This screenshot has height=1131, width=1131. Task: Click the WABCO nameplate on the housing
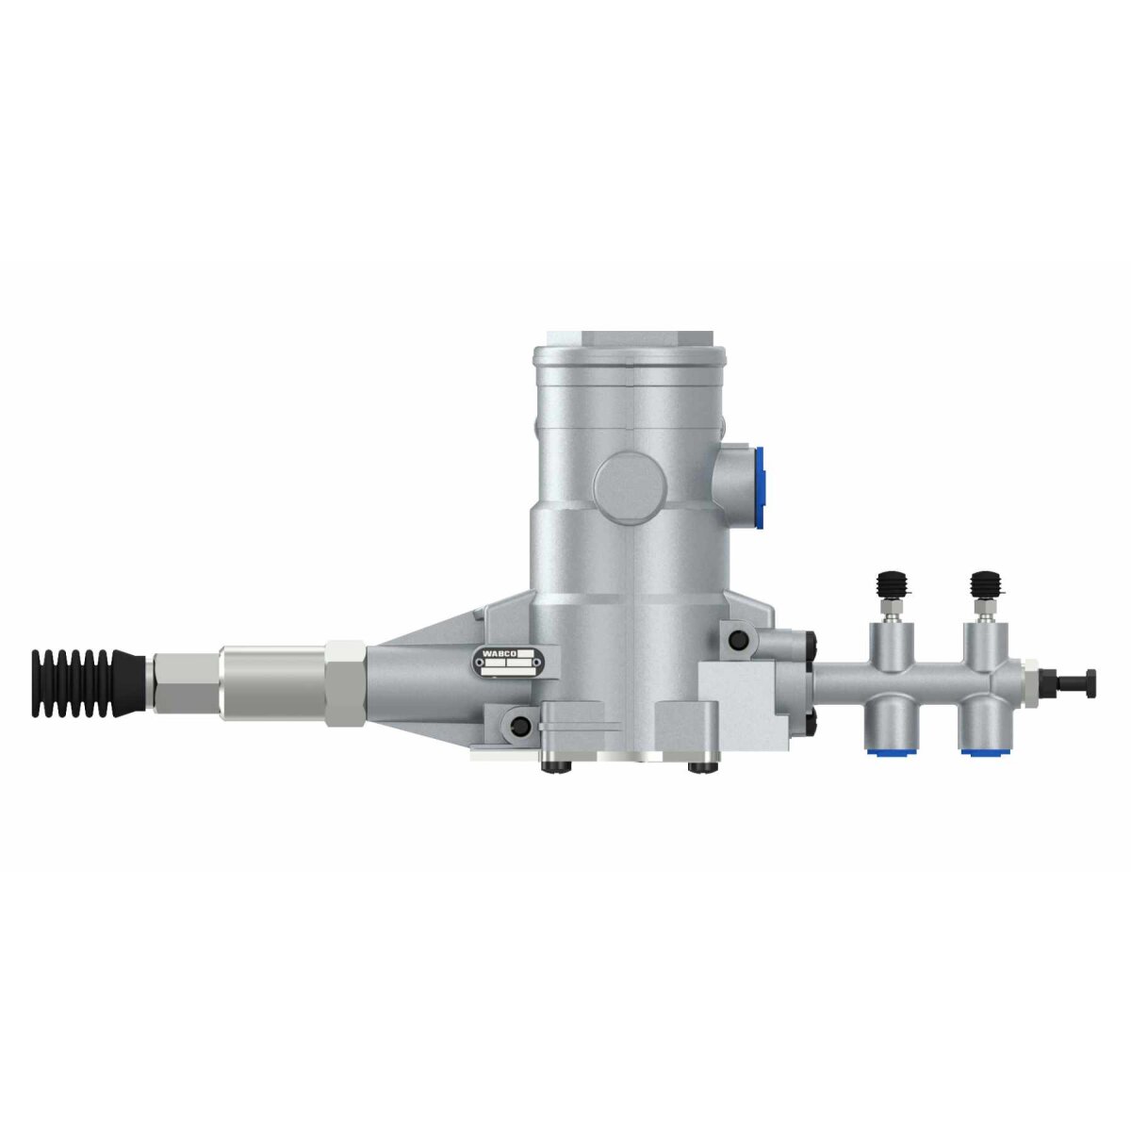coord(504,663)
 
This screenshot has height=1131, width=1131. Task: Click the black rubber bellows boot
coord(87,683)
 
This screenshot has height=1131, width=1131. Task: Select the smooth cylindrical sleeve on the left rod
coord(271,681)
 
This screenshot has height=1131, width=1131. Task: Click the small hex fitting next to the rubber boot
coord(182,682)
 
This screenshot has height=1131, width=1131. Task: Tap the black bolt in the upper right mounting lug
coord(736,641)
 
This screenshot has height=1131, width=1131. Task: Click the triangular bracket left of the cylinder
coord(424,660)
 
